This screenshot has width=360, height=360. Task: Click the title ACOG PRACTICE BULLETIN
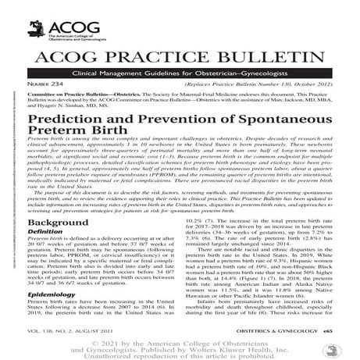(180, 59)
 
